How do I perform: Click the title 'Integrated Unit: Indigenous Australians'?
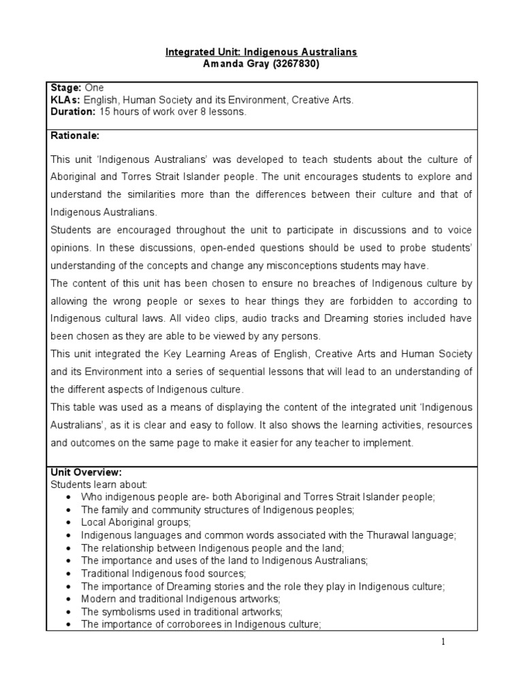pyautogui.click(x=261, y=52)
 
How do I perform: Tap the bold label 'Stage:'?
pyautogui.click(x=66, y=89)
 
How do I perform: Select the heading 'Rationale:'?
pyautogui.click(x=75, y=136)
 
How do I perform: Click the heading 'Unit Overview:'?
pyautogui.click(x=86, y=472)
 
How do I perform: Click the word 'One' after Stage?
pyautogui.click(x=95, y=89)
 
